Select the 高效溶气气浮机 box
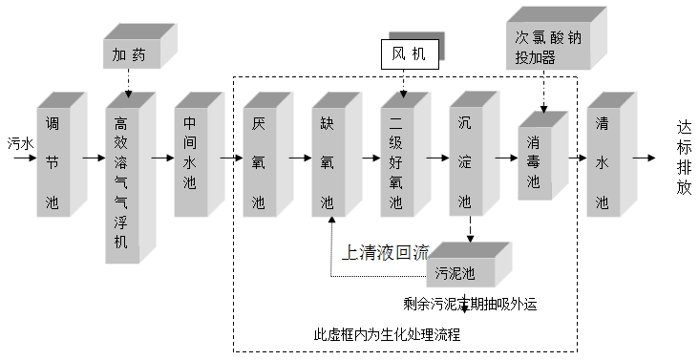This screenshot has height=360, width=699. pyautogui.click(x=121, y=181)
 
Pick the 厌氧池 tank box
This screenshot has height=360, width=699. pyautogui.click(x=259, y=162)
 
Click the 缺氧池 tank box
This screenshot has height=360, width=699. pyautogui.click(x=328, y=162)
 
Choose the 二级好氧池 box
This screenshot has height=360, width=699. pyautogui.click(x=396, y=162)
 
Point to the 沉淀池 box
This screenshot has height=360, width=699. pyautogui.click(x=465, y=162)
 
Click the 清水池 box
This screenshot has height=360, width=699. pyautogui.click(x=603, y=162)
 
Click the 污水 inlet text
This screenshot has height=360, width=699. pyautogui.click(x=20, y=140)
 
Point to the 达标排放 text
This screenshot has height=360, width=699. pyautogui.click(x=683, y=157)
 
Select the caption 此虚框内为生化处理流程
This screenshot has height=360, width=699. pyautogui.click(x=387, y=335)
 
